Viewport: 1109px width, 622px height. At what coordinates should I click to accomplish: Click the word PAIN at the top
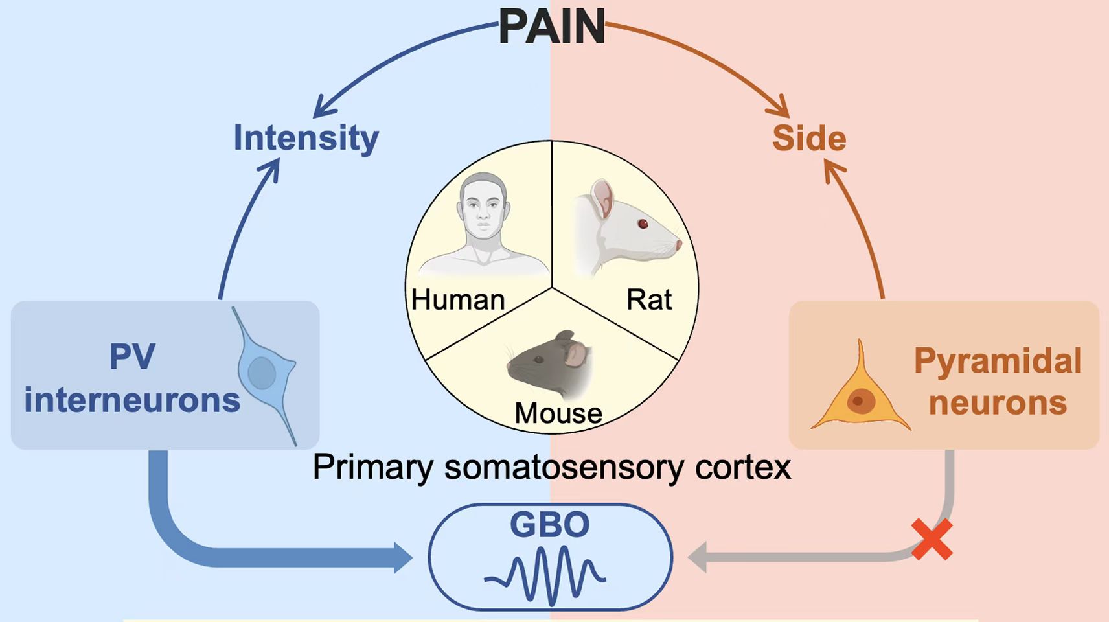551,27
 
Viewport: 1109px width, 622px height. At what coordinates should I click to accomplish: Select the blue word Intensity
306,138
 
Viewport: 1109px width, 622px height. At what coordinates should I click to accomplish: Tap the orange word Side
809,139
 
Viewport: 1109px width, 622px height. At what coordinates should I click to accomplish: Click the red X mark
932,539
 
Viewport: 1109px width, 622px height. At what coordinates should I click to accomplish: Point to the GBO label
549,524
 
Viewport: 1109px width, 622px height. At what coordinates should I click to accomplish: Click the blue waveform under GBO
545,573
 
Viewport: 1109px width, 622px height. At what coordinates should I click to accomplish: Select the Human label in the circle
458,300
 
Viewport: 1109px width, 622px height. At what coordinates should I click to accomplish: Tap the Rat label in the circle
648,300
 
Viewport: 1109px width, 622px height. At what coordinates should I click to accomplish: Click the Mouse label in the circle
558,413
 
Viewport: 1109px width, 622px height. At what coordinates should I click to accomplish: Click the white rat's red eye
643,224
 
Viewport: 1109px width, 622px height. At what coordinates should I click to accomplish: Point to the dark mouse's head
551,363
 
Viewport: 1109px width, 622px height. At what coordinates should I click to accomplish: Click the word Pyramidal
998,361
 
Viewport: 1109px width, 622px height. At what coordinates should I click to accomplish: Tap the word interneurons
132,400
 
